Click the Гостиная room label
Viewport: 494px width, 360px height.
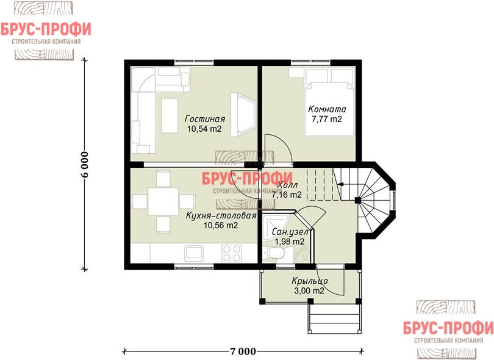(x=205, y=119)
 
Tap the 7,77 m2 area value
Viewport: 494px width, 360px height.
(x=327, y=119)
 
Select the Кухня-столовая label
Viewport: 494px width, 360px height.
(x=221, y=215)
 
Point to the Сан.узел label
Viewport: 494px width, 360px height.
(x=290, y=232)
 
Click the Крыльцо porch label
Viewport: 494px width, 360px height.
(x=310, y=281)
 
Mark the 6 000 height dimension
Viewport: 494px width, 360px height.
(x=85, y=164)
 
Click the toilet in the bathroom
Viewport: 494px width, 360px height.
(x=275, y=253)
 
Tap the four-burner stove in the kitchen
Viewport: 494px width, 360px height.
(x=232, y=253)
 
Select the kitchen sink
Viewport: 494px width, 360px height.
(x=194, y=253)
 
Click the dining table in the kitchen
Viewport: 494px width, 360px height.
(x=163, y=201)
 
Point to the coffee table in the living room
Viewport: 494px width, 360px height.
(x=170, y=115)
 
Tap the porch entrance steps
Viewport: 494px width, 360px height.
(x=334, y=319)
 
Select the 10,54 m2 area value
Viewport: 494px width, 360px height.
(x=204, y=129)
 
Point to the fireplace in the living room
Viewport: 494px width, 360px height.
(x=243, y=114)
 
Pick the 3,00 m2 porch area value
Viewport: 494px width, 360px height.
(x=309, y=290)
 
